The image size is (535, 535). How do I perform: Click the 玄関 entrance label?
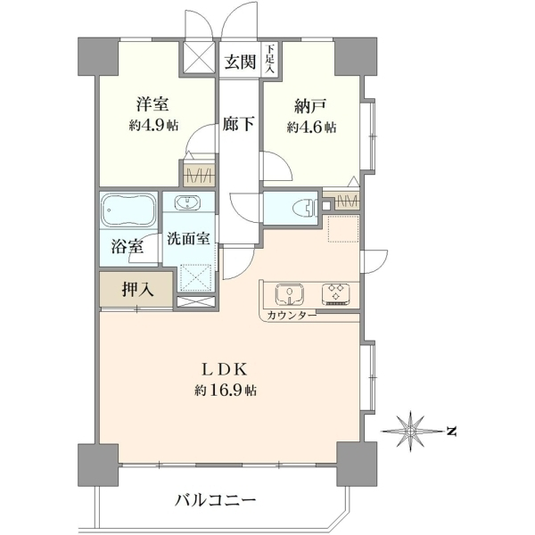240,62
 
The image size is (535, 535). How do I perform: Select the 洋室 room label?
152,104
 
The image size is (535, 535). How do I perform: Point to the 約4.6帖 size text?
311,128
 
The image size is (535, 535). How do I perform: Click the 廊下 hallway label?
238,124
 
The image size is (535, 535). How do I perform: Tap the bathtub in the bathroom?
128,210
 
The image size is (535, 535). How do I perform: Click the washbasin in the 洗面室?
187,202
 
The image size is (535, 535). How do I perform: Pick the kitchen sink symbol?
290,295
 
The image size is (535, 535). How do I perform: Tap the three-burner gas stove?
336,294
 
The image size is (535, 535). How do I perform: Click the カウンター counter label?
292,315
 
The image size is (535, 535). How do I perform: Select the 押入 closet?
136,289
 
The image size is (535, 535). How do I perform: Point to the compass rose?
411,432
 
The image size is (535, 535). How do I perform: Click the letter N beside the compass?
451,432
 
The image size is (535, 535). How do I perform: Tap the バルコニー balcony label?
215,501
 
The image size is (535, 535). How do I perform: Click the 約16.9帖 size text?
226,390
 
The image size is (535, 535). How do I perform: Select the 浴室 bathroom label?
127,247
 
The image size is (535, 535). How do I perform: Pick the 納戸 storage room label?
311,106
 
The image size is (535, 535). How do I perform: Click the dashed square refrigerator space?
343,228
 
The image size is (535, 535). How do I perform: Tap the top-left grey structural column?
98,56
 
